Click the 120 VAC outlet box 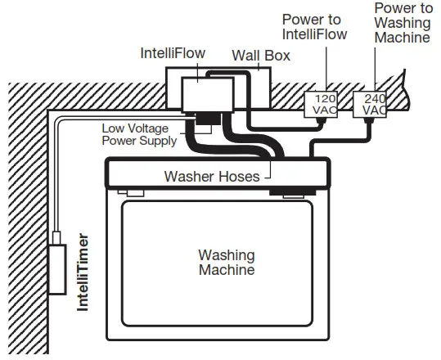pyautogui.click(x=315, y=104)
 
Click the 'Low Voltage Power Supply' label pyautogui.click(x=138, y=135)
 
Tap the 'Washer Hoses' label pyautogui.click(x=212, y=176)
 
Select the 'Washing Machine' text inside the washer pyautogui.click(x=226, y=263)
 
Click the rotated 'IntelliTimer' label pyautogui.click(x=83, y=272)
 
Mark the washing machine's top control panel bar pyautogui.click(x=218, y=174)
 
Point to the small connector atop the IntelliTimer pyautogui.click(x=57, y=238)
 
